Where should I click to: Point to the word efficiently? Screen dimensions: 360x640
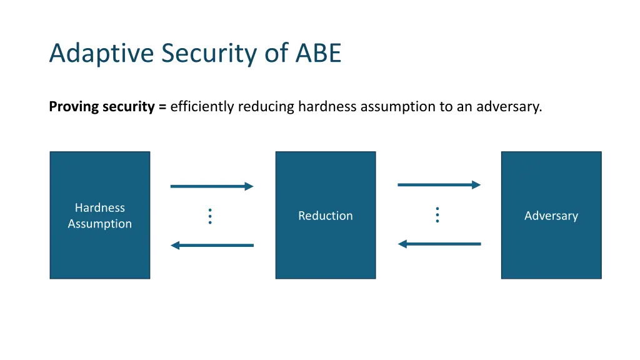pyautogui.click(x=202, y=107)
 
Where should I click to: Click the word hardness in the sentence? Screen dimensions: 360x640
pyautogui.click(x=325, y=107)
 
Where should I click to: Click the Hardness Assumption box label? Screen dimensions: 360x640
pyautogui.click(x=100, y=216)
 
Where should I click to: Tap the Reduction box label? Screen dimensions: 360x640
pyautogui.click(x=325, y=216)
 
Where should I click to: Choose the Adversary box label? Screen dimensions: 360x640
pyautogui.click(x=551, y=216)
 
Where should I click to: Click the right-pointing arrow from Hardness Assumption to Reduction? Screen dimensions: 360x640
pyautogui.click(x=211, y=186)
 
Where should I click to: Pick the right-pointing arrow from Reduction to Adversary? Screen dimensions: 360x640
pyautogui.click(x=439, y=184)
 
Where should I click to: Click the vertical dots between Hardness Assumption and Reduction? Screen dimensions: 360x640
pyautogui.click(x=210, y=216)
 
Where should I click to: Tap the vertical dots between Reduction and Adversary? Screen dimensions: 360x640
pyautogui.click(x=437, y=215)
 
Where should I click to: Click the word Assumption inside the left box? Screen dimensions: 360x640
pyautogui.click(x=100, y=224)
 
